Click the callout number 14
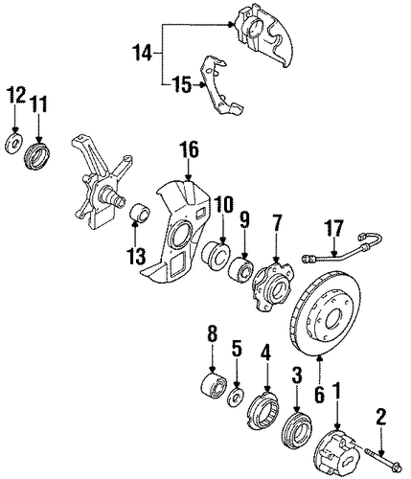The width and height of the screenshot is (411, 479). pos(143,54)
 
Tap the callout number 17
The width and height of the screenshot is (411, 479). pos(334,228)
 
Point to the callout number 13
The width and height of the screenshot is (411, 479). pos(137,257)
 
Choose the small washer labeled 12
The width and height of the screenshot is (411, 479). pos(13,144)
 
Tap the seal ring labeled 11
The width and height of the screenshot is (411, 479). pos(37,156)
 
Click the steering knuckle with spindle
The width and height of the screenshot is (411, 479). pos(99,182)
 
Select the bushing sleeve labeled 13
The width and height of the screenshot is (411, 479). pos(141,212)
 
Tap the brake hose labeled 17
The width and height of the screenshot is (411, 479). pos(343,249)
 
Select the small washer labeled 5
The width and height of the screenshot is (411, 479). pos(237,398)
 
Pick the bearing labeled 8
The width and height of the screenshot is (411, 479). pos(214,385)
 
